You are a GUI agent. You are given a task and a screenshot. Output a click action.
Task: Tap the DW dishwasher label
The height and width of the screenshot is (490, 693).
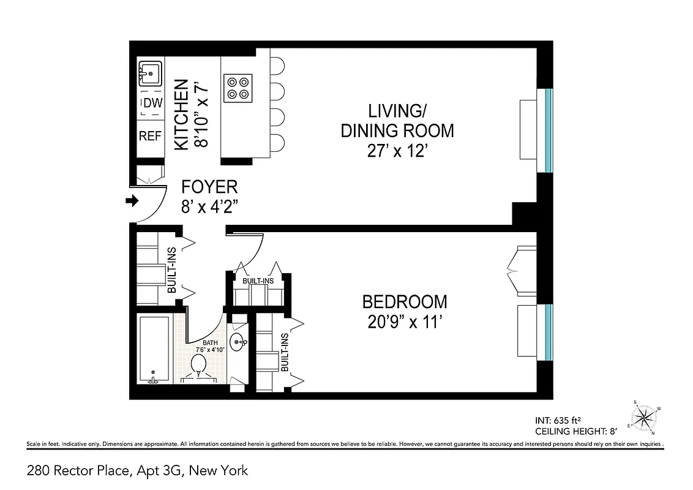click(x=152, y=103)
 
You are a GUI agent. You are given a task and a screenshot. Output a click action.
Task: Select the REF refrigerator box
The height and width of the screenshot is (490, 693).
click(x=150, y=136)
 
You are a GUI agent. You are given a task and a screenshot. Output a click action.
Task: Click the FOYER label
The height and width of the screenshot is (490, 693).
click(x=209, y=187)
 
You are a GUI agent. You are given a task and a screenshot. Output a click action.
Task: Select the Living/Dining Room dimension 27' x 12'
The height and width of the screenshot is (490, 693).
click(x=397, y=151)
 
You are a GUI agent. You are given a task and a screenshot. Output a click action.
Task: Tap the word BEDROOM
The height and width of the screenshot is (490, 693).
click(x=404, y=302)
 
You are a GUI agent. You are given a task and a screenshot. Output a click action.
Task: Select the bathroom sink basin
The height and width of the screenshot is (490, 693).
click(x=238, y=342)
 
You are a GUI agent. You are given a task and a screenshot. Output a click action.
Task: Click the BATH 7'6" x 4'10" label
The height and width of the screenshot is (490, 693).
click(x=211, y=345)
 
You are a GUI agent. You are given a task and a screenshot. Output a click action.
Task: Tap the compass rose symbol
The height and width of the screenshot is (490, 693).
click(x=643, y=418)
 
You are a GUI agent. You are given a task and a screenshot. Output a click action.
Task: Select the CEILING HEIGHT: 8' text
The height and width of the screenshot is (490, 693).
click(x=570, y=431)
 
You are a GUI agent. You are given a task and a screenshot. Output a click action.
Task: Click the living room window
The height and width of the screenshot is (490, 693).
click(x=549, y=130)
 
